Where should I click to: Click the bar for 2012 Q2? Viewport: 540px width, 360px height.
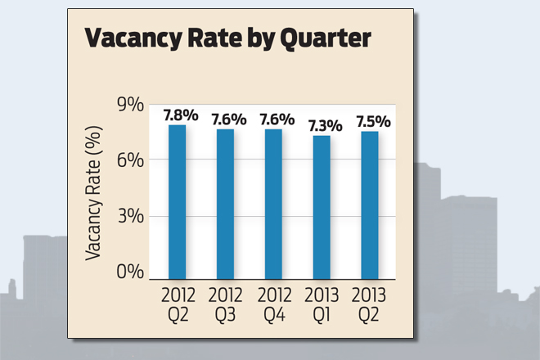click(x=178, y=200)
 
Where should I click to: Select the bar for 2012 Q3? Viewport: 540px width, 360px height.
click(x=226, y=203)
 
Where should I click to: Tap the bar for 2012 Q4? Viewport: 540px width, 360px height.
click(x=274, y=203)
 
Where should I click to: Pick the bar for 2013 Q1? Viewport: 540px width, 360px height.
click(x=322, y=206)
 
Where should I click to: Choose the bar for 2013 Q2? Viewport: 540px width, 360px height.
click(x=371, y=204)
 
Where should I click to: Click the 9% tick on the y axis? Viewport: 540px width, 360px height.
click(x=133, y=105)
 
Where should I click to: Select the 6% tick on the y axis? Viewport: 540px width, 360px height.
click(x=133, y=160)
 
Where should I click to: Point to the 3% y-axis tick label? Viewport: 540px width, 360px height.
click(x=133, y=216)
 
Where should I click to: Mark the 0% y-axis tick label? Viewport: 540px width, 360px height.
click(x=133, y=272)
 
